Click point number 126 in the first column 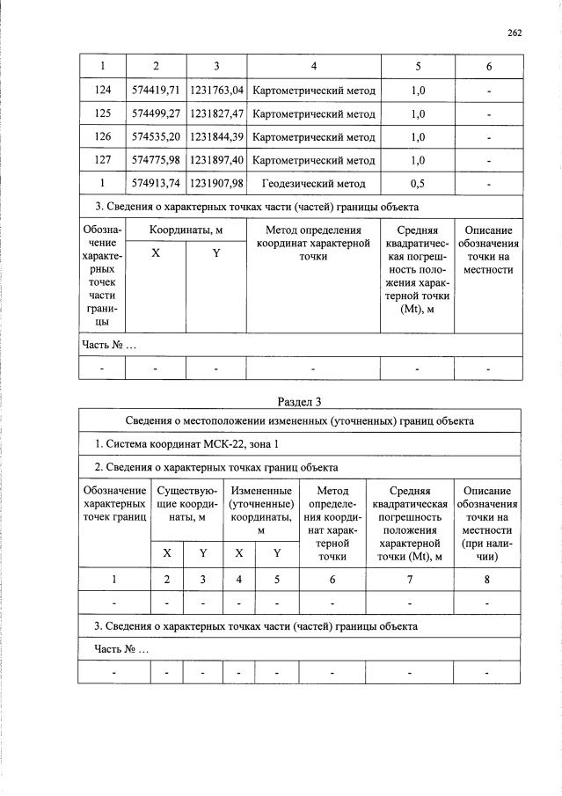pos(102,137)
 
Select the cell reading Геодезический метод pos(313,183)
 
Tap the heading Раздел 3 pos(299,402)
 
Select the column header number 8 pos(486,579)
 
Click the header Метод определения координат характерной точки pos(313,243)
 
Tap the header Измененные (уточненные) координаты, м pos(260,510)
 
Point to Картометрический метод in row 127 pos(313,160)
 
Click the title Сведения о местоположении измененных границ pos(299,420)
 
